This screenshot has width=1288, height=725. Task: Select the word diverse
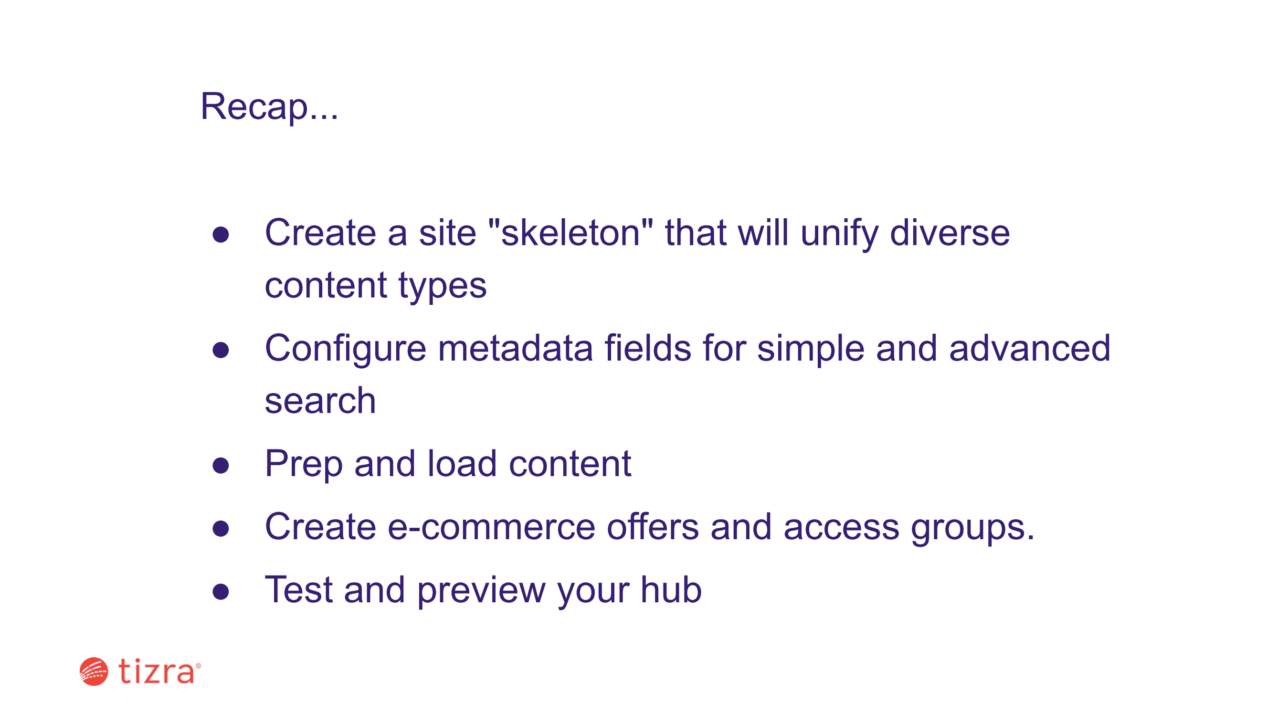(950, 233)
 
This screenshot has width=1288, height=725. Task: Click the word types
(442, 286)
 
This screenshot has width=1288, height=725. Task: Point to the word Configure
(346, 349)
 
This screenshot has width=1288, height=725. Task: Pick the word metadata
(516, 348)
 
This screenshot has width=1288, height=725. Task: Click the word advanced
(1030, 348)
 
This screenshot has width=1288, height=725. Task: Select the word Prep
(304, 465)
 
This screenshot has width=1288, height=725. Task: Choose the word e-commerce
(492, 528)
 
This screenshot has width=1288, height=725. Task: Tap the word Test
(298, 590)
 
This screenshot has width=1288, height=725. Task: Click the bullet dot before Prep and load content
(221, 466)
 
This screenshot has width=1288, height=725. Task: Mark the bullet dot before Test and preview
(221, 592)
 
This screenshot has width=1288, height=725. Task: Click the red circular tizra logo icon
(94, 672)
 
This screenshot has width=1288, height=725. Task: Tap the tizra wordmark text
(157, 671)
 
